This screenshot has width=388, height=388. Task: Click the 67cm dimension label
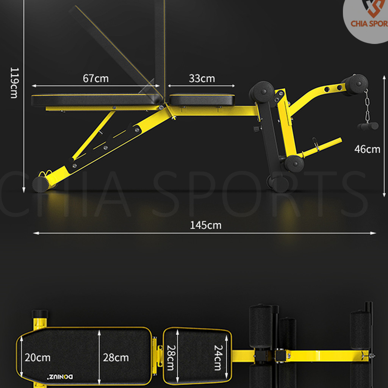pyautogui.click(x=95, y=78)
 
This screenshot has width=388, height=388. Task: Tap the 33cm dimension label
pyautogui.click(x=202, y=78)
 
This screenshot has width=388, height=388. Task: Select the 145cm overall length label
pyautogui.click(x=205, y=225)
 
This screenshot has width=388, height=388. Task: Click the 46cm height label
pyautogui.click(x=367, y=149)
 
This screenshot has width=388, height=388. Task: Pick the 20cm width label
pyautogui.click(x=38, y=357)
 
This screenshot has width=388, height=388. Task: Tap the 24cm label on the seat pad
pyautogui.click(x=217, y=357)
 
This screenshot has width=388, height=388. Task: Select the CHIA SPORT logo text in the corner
pyautogui.click(x=368, y=24)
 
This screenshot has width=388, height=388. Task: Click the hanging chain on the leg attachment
pyautogui.click(x=366, y=108)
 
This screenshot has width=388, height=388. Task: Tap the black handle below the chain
pyautogui.click(x=366, y=126)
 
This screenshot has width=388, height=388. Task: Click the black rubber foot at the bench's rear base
pyautogui.click(x=39, y=184)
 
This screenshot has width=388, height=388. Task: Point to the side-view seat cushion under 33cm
pyautogui.click(x=202, y=100)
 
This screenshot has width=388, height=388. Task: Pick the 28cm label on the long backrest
pyautogui.click(x=116, y=357)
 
